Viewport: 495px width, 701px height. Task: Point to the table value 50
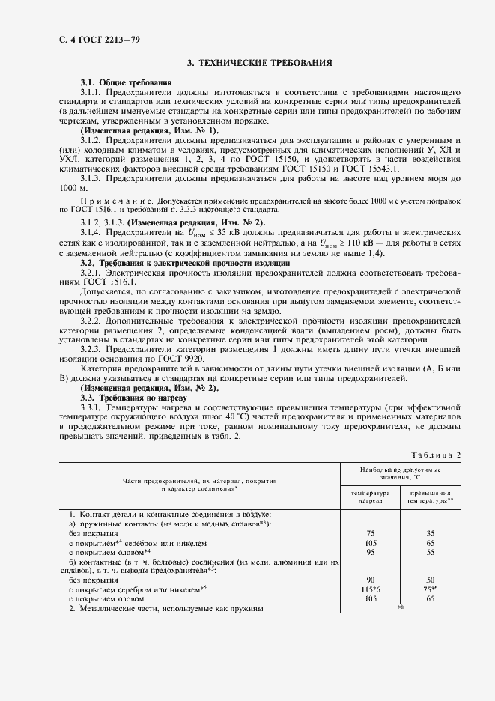pos(430,579)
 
